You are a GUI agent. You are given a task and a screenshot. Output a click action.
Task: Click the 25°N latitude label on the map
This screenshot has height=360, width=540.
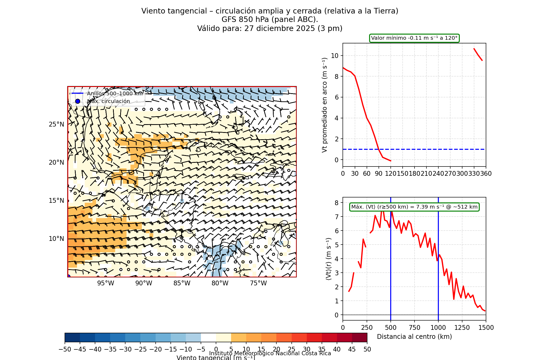click(x=56, y=124)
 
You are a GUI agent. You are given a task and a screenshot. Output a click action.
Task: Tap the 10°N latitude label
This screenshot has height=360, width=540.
click(x=56, y=239)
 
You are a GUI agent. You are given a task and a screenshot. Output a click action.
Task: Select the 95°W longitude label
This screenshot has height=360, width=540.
click(x=106, y=283)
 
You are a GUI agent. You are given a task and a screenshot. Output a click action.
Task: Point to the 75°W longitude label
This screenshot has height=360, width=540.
click(x=258, y=283)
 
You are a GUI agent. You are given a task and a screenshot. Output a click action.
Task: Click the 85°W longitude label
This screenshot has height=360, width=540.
click(x=182, y=283)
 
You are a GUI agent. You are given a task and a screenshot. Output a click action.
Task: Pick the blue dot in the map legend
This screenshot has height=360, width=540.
click(x=78, y=101)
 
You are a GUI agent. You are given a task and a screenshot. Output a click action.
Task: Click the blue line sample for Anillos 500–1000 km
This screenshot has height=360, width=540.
click(x=78, y=93)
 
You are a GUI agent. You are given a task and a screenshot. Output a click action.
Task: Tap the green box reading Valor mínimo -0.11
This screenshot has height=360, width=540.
click(x=414, y=38)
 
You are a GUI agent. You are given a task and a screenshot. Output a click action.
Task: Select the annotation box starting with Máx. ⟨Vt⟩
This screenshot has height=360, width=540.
click(x=414, y=207)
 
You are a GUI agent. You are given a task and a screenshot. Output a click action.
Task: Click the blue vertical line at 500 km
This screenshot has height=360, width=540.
click(x=391, y=265)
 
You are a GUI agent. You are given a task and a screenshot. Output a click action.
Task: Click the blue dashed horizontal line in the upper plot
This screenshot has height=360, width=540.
click(x=424, y=149)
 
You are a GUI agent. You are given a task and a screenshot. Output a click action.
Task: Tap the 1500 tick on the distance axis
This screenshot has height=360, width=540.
click(x=486, y=328)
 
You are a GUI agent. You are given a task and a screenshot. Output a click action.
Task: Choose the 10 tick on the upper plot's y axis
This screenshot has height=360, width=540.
click(x=335, y=56)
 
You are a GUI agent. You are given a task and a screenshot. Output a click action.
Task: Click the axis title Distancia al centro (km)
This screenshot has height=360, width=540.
click(x=414, y=337)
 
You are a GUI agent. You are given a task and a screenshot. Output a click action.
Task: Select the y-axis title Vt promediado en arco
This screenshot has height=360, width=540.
click(x=325, y=105)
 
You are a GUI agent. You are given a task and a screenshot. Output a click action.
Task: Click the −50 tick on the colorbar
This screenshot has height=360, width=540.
click(x=65, y=349)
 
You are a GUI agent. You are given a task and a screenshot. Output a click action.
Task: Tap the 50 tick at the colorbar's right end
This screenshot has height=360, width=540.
click(x=367, y=349)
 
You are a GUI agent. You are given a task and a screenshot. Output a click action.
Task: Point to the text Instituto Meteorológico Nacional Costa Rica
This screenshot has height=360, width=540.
click(x=270, y=353)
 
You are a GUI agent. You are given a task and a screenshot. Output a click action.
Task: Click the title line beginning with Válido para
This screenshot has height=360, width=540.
click(x=270, y=29)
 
